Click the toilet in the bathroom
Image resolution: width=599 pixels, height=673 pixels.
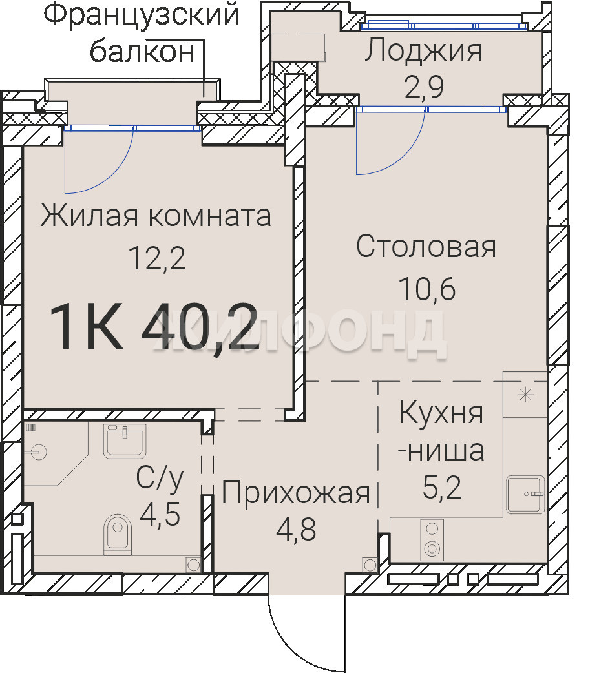tap(118, 534)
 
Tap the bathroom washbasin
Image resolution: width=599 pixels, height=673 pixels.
tap(125, 441)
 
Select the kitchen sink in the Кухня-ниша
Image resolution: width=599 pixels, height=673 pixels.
tap(525, 495)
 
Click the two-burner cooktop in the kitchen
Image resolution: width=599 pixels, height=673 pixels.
tap(432, 539)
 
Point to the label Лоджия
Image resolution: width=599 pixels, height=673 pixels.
tap(423, 50)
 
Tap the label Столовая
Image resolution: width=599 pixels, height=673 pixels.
tap(426, 246)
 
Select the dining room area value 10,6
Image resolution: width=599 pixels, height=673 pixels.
tap(427, 289)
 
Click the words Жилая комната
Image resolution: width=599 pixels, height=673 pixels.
tap(156, 216)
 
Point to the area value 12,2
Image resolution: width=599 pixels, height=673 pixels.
tap(157, 258)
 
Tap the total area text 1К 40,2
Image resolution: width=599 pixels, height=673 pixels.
tap(154, 326)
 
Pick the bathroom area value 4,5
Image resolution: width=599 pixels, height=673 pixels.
tap(160, 515)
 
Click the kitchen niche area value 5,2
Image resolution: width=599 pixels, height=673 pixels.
tap(442, 488)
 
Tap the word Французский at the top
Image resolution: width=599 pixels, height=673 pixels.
tap(141, 14)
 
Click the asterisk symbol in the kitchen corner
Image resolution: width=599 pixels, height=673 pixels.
tap(525, 395)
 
